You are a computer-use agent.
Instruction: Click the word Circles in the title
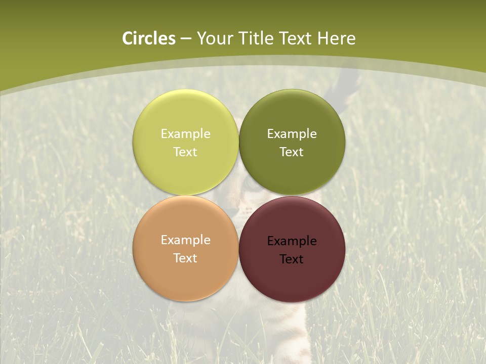[x=149, y=38]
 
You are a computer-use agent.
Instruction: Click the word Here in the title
[x=336, y=38]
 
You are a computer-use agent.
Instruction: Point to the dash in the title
[x=186, y=39]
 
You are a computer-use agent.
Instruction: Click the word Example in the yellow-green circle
[x=185, y=134]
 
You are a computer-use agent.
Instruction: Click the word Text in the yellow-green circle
[x=185, y=152]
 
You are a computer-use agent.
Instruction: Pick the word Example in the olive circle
[x=292, y=134]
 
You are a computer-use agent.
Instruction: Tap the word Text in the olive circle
[x=292, y=152]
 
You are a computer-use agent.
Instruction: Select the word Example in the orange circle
[x=185, y=240]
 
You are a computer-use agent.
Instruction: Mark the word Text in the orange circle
[x=185, y=258]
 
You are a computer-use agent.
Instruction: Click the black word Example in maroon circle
[x=292, y=241]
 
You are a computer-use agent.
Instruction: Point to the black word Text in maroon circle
[x=292, y=259]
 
